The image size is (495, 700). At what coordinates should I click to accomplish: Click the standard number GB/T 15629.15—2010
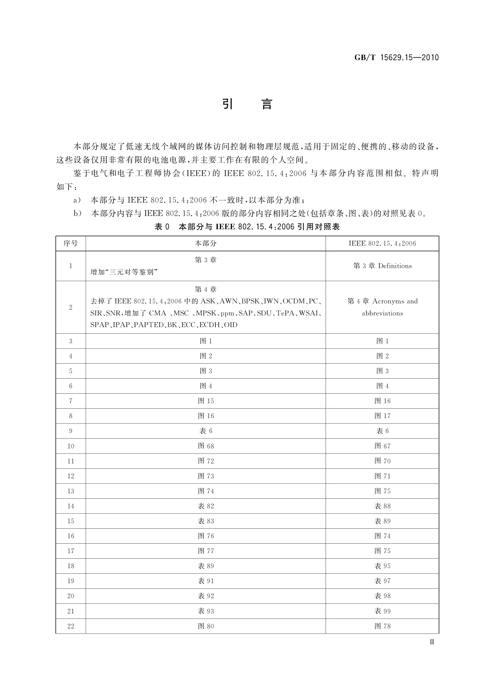tap(396, 58)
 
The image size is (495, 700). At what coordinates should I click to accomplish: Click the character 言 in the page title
tap(267, 104)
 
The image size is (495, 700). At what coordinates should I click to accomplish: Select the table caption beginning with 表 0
tap(247, 227)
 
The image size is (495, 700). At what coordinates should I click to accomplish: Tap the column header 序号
tap(71, 243)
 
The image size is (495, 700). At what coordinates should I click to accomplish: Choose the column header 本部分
tap(206, 243)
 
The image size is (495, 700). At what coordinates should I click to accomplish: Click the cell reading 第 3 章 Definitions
tap(382, 266)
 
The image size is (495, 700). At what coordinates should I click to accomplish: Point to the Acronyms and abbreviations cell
tap(382, 307)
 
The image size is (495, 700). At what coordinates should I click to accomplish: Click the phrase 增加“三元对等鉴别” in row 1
tap(125, 272)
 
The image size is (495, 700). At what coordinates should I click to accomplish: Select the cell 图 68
tap(206, 446)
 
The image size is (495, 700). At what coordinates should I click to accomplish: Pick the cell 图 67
tap(382, 446)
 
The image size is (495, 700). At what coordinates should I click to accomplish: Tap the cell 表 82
tap(206, 506)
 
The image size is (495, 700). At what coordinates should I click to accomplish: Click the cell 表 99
tap(382, 611)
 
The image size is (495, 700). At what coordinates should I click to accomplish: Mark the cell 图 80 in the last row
tap(206, 626)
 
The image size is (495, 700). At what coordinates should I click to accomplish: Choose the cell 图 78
tap(382, 626)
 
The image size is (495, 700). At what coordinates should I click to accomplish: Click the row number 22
tap(71, 626)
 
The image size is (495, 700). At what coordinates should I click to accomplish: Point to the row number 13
tap(71, 491)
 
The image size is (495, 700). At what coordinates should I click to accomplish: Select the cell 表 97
tap(382, 581)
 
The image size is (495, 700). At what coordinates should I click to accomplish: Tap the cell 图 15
tap(206, 401)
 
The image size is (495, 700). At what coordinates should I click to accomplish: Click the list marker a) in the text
tap(77, 200)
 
